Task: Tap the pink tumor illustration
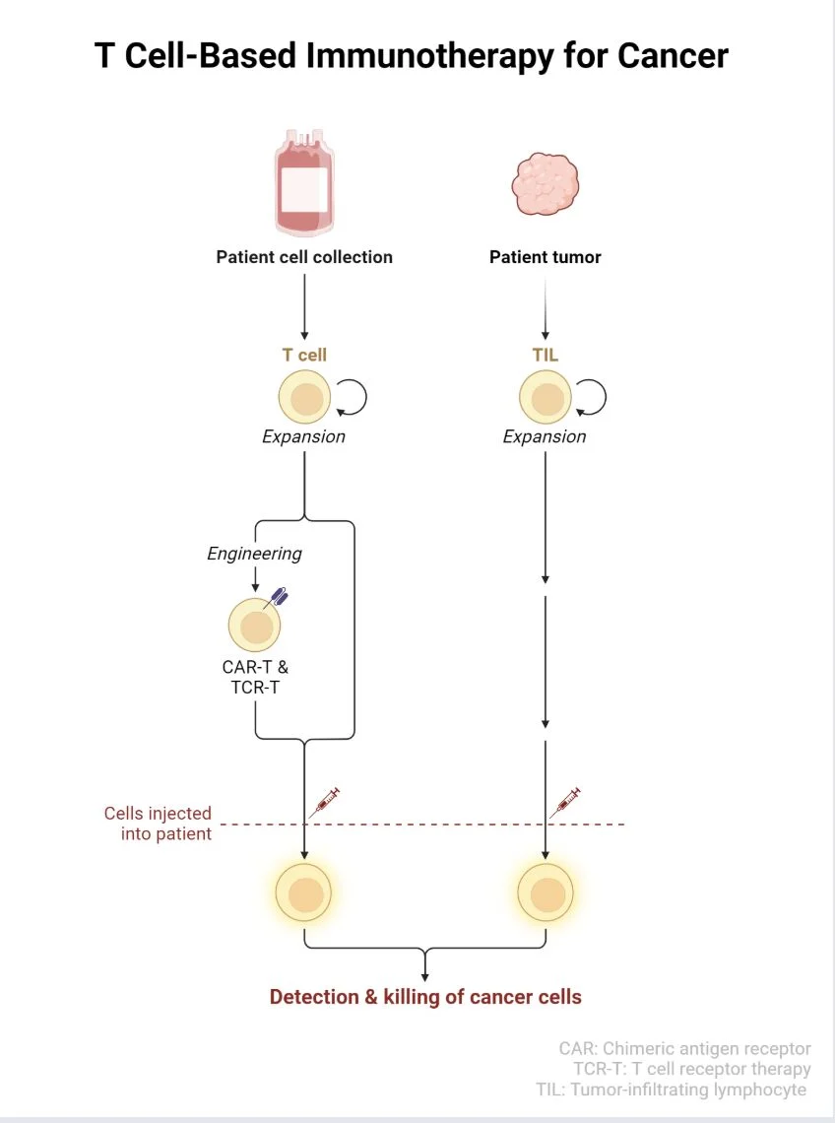pyautogui.click(x=545, y=184)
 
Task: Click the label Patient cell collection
pyautogui.click(x=304, y=257)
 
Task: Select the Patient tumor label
pyautogui.click(x=545, y=257)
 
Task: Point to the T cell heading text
pyautogui.click(x=304, y=355)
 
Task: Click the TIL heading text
pyautogui.click(x=545, y=355)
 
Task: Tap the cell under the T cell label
pyautogui.click(x=305, y=398)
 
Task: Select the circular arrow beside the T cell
pyautogui.click(x=352, y=397)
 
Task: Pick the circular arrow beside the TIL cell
pyautogui.click(x=591, y=397)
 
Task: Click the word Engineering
pyautogui.click(x=254, y=554)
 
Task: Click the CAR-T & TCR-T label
pyautogui.click(x=255, y=677)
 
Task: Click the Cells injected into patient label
pyautogui.click(x=159, y=824)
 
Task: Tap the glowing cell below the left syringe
pyautogui.click(x=304, y=892)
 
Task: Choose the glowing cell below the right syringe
pyautogui.click(x=546, y=892)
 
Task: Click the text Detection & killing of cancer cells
pyautogui.click(x=425, y=997)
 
